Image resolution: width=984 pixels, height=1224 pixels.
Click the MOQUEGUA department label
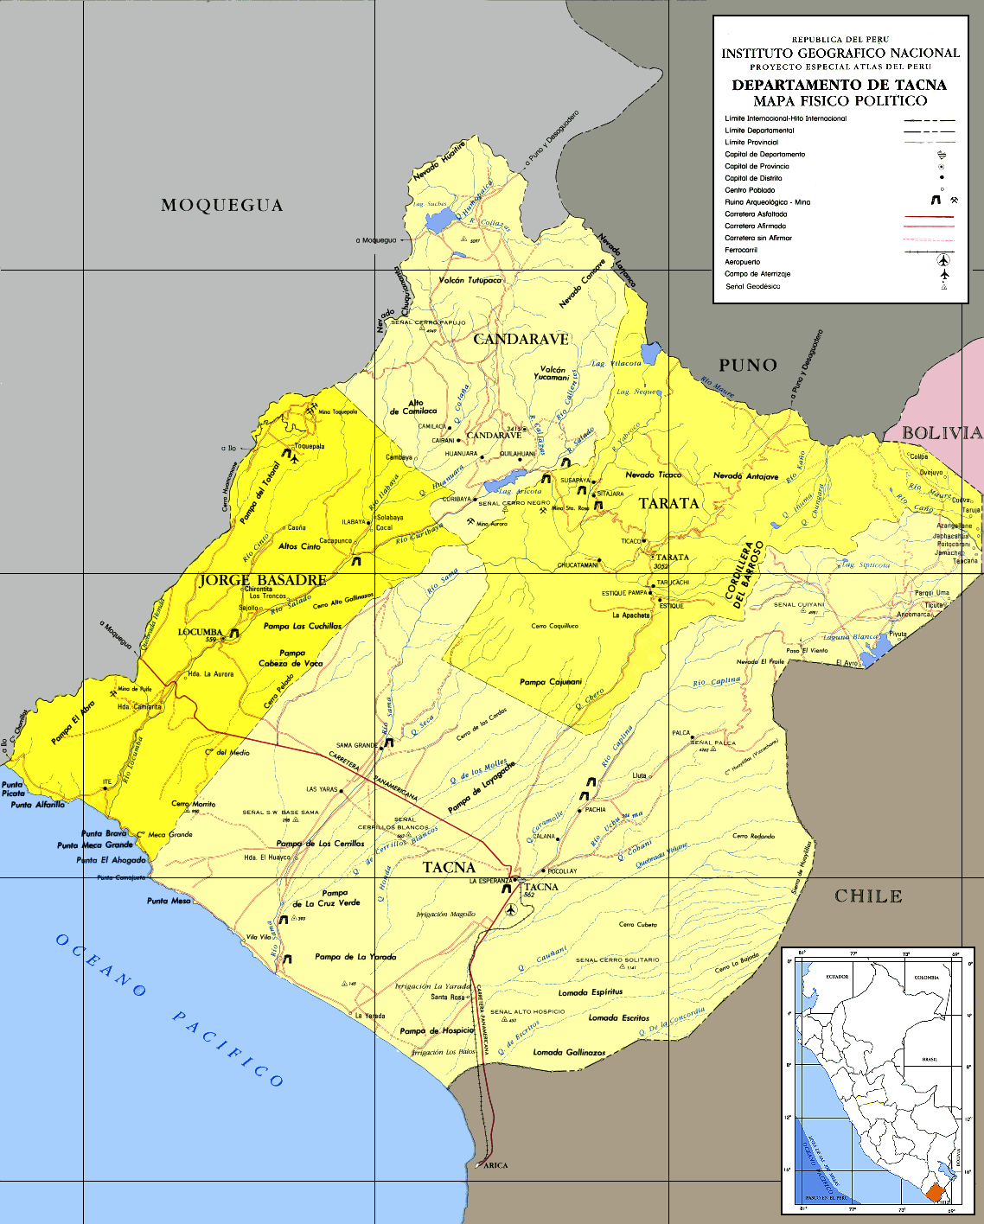pyautogui.click(x=221, y=206)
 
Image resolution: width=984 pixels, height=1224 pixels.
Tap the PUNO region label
pyautogui.click(x=748, y=366)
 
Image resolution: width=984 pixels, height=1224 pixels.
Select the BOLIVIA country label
pyautogui.click(x=942, y=433)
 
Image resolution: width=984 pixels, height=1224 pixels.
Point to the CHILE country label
pyautogui.click(x=868, y=896)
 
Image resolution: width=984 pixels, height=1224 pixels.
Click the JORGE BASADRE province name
pyautogui.click(x=263, y=580)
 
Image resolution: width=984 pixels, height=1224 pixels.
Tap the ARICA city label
pyautogui.click(x=495, y=1165)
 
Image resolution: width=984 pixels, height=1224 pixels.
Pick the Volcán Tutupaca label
pyautogui.click(x=470, y=281)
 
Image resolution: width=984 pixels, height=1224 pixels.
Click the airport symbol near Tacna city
pyautogui.click(x=512, y=909)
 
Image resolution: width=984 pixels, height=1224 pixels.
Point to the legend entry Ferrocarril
pyautogui.click(x=741, y=250)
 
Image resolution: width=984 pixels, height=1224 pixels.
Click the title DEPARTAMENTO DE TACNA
pyautogui.click(x=839, y=85)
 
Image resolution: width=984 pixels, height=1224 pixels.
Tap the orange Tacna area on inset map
pyautogui.click(x=935, y=1193)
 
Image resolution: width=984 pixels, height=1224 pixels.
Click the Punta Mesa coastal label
pyautogui.click(x=169, y=901)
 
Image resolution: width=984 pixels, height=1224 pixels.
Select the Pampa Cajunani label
pyautogui.click(x=551, y=682)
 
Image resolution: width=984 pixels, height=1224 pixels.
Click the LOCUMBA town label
pyautogui.click(x=200, y=632)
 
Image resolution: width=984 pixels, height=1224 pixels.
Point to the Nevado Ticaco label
pyautogui.click(x=653, y=475)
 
